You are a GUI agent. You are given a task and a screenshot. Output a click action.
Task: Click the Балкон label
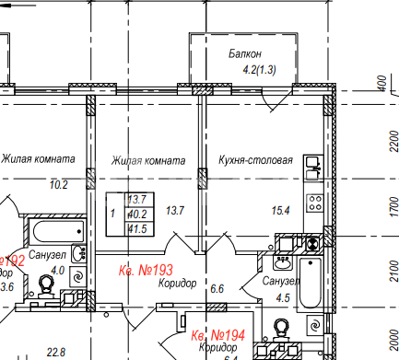[246, 55]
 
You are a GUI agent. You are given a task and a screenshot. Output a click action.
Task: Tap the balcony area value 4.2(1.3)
[259, 70]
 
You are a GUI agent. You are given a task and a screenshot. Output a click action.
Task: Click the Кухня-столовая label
[255, 160]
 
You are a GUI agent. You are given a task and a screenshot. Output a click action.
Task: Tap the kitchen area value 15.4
[281, 211]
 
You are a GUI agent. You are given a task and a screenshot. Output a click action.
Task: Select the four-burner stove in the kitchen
[313, 202]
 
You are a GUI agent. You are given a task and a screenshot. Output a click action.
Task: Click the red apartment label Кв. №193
[148, 271]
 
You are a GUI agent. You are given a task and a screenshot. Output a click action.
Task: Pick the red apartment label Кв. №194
[217, 333]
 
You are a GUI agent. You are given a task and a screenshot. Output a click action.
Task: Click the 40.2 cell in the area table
[136, 214]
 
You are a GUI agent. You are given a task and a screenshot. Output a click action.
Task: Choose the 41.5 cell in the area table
[136, 227]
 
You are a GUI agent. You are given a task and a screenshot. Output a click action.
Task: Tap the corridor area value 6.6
[217, 289]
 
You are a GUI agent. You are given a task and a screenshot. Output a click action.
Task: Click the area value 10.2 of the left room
[58, 184]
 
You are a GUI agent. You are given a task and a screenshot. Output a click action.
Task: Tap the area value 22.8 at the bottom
[56, 352]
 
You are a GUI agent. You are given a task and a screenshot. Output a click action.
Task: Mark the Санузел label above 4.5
[280, 281]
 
